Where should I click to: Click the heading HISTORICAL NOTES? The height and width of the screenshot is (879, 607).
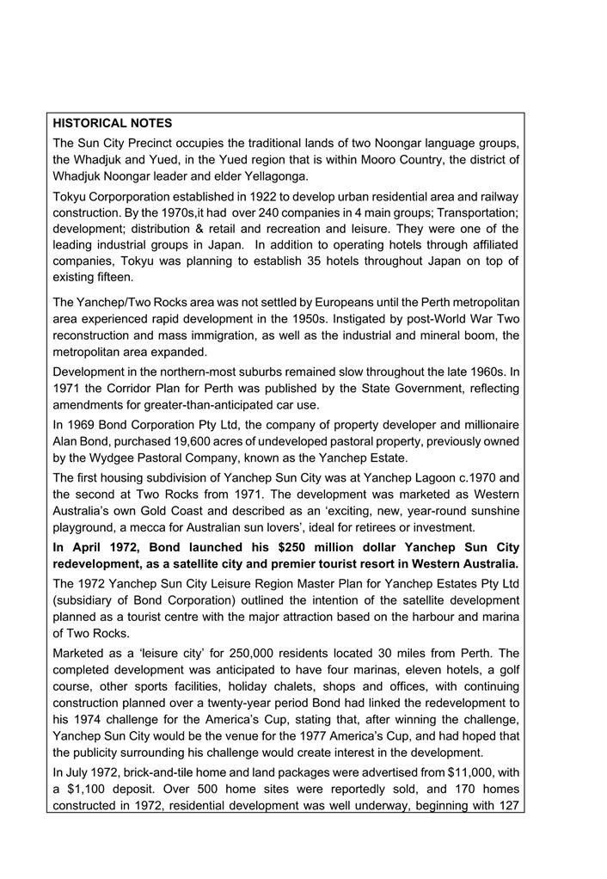(x=112, y=124)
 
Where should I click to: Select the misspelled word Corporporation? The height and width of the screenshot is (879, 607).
(x=133, y=196)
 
